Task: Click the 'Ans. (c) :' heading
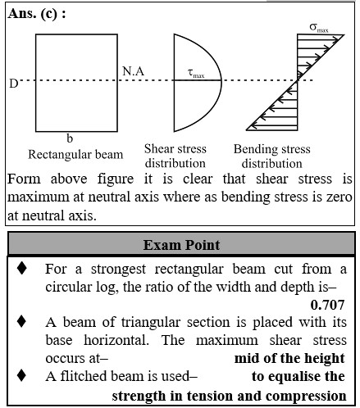[37, 13]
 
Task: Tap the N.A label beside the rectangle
[133, 71]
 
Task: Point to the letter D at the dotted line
[13, 84]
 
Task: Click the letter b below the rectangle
[70, 138]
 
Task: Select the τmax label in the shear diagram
[196, 73]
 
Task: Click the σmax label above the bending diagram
[319, 28]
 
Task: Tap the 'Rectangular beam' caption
[75, 155]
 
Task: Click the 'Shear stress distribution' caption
[175, 156]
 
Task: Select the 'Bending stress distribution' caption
[272, 156]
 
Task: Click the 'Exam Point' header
[181, 245]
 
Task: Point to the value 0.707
[327, 305]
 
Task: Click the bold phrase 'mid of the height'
[289, 358]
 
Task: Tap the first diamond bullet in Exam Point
[21, 268]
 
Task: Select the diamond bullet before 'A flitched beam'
[21, 375]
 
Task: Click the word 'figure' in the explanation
[116, 179]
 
